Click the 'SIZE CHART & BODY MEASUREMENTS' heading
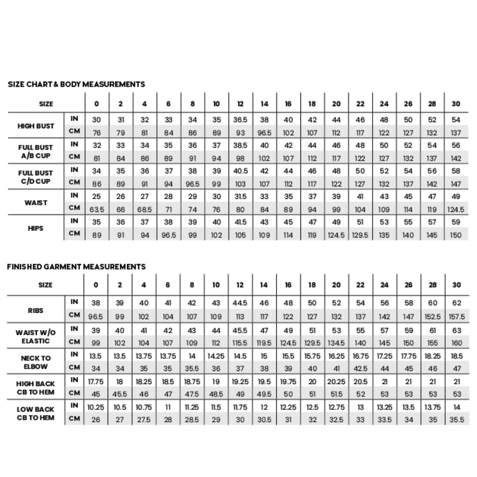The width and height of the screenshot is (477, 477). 76,84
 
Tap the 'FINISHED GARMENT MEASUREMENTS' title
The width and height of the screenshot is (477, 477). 76,267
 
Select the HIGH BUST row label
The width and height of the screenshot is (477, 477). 36,126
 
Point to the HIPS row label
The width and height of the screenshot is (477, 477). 36,228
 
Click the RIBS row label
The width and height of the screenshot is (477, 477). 36,310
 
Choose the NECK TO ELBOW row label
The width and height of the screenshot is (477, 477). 36,362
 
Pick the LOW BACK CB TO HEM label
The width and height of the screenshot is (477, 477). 36,413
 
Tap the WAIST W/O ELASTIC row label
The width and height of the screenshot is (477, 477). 36,336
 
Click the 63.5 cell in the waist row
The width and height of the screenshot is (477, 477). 97,209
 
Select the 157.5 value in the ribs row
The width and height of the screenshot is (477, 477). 456,317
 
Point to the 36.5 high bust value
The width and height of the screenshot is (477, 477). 240,120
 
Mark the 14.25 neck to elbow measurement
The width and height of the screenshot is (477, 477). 216,356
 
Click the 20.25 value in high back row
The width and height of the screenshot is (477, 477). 336,382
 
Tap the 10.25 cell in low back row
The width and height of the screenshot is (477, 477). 96,407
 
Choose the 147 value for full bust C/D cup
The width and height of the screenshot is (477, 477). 456,184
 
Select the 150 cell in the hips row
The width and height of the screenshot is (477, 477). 456,235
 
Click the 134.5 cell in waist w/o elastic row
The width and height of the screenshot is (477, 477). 336,343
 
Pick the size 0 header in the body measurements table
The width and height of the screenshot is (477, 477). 97,104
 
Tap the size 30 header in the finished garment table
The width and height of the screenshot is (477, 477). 456,285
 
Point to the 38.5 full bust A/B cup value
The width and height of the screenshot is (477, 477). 240,145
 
